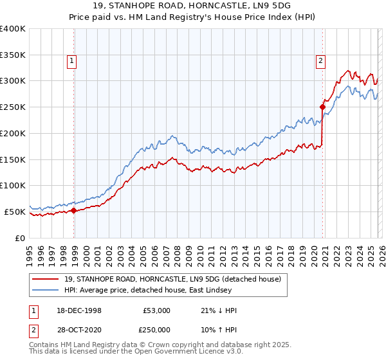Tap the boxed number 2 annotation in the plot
point(320,61)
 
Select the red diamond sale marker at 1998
point(74,210)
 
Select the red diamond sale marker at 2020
point(322,107)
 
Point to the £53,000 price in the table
point(158,310)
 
